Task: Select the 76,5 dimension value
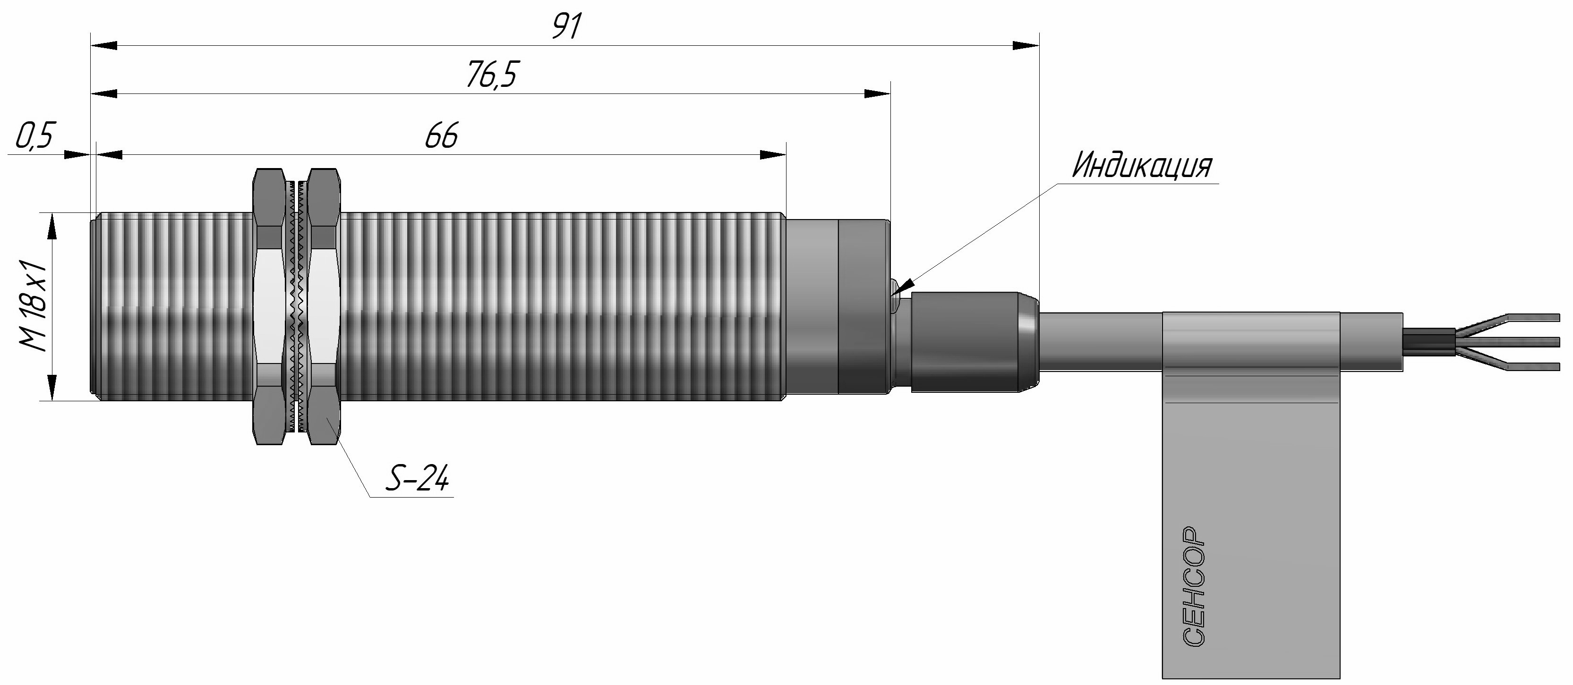492,75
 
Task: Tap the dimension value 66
441,135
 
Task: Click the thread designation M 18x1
33,305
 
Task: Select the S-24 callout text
417,478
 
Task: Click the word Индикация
1142,166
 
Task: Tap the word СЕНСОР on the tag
1193,585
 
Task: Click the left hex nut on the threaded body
269,306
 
